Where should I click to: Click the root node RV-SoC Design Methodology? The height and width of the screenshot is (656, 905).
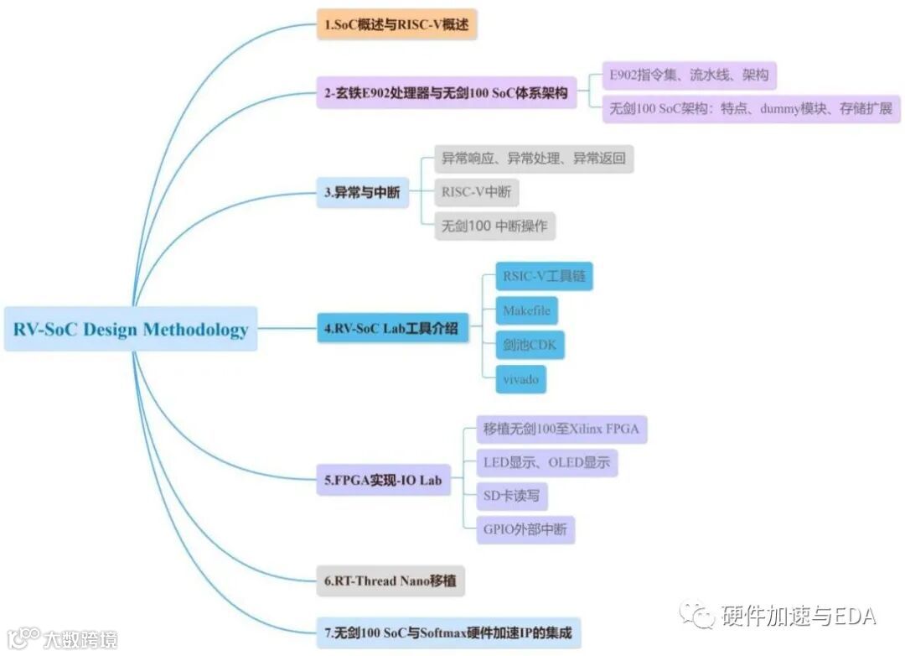[x=131, y=328]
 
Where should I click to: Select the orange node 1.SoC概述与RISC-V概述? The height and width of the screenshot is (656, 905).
[x=396, y=25]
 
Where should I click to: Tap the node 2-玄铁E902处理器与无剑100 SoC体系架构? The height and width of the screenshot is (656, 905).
[x=447, y=94]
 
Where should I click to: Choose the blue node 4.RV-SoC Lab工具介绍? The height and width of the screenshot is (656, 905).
[x=391, y=328]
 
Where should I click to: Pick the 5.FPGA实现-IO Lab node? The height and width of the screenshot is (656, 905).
[x=382, y=481]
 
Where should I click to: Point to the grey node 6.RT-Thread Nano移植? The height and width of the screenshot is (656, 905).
[x=390, y=581]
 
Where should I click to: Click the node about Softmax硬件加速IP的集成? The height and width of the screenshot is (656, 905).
[x=448, y=633]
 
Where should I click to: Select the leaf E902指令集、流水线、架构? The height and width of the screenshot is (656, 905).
[x=689, y=75]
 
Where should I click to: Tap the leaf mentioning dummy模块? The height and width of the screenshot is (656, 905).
[x=751, y=109]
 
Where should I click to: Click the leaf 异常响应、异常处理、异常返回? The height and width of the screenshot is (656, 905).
[x=534, y=158]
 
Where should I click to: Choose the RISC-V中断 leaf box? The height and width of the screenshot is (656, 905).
[x=476, y=192]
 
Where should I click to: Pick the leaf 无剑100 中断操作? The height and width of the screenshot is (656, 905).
[x=494, y=226]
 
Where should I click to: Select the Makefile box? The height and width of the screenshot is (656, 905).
[x=526, y=310]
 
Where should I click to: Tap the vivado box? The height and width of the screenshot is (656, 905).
[x=520, y=379]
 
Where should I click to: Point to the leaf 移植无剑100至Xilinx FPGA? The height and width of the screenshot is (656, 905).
[x=561, y=430]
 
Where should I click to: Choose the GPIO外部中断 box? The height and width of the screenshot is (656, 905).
[x=525, y=529]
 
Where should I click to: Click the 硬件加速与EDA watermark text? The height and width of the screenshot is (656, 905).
[x=796, y=617]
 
